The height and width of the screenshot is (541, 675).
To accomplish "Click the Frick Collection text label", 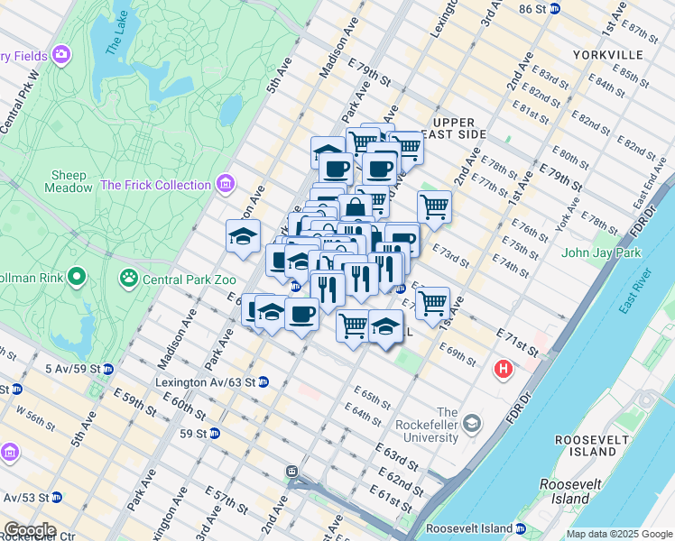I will (x=155, y=186).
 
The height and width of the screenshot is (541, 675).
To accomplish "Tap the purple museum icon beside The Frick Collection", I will (x=225, y=186).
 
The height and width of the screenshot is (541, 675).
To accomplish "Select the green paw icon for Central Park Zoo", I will (x=129, y=277).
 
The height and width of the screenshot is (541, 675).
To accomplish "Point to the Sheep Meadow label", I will (x=69, y=181).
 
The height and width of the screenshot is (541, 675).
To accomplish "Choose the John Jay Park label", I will (x=600, y=252).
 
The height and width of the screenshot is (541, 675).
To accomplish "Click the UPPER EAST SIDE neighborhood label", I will (x=459, y=128).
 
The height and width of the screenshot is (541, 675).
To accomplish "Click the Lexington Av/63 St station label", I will (x=207, y=382).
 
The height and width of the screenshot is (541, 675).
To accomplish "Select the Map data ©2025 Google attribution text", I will (x=618, y=534).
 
